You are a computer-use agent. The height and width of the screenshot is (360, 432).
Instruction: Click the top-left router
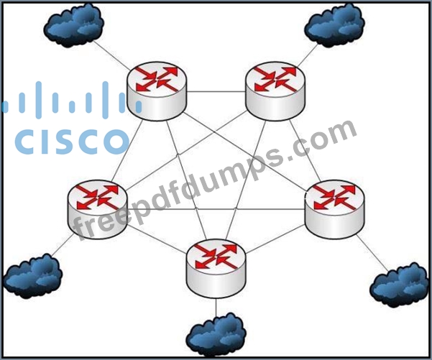tap(157, 91)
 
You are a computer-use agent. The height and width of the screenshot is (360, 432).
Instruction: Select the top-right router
tap(275, 91)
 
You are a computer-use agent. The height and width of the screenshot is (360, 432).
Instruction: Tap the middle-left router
tap(97, 209)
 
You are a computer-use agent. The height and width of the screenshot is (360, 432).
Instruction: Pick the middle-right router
tap(334, 209)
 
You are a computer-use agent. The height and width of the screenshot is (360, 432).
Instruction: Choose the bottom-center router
tap(216, 269)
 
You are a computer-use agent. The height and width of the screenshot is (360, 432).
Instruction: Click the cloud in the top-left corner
tap(73, 25)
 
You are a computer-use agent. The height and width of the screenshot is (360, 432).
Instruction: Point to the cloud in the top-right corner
tap(334, 25)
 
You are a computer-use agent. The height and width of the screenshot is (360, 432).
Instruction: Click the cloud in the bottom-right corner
tap(399, 285)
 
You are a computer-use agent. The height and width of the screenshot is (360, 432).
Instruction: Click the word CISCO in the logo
tap(72, 142)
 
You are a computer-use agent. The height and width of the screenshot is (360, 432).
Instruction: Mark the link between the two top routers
tap(216, 92)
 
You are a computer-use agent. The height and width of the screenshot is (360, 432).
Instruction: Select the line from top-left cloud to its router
tap(111, 55)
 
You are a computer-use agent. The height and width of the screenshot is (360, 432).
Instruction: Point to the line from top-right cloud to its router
tap(307, 55)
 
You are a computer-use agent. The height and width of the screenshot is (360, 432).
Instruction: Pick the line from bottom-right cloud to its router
tap(372, 253)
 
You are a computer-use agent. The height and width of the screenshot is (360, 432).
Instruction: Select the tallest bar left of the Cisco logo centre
tap(39, 100)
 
